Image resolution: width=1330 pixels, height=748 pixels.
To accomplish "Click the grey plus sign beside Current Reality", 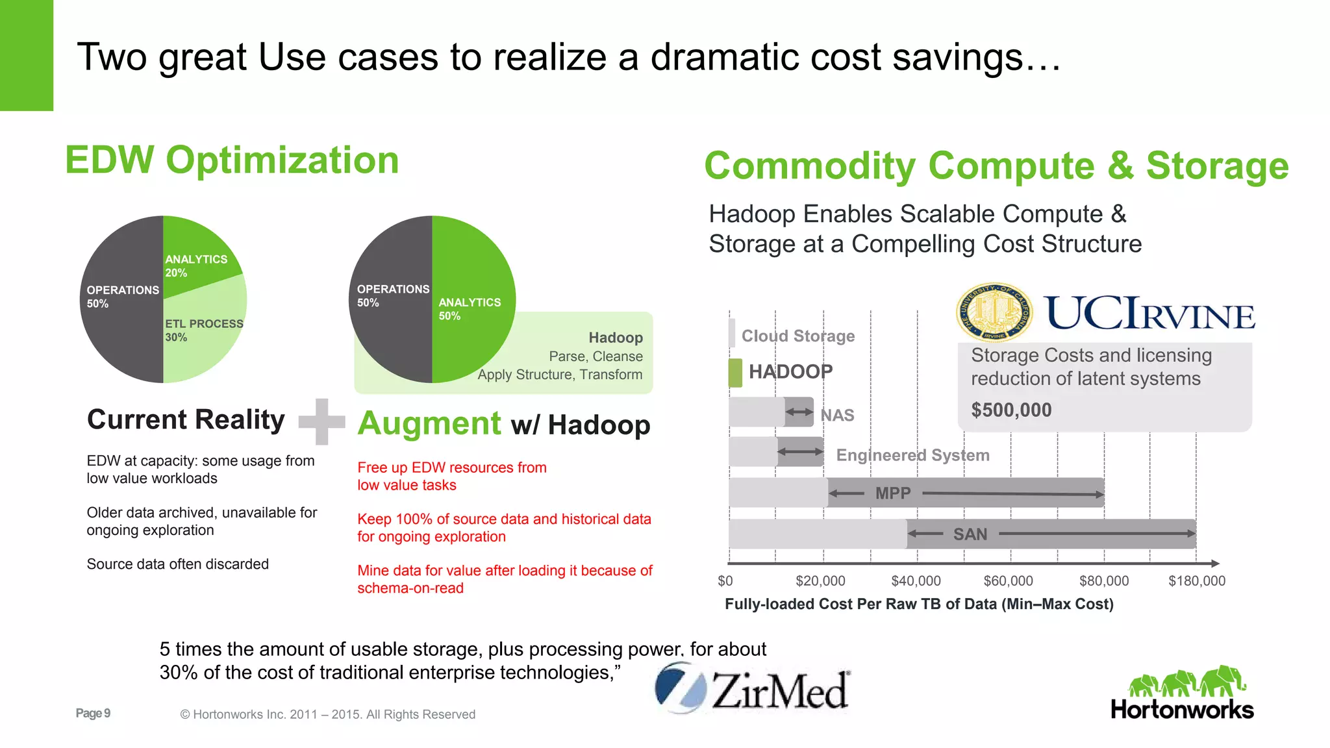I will (x=321, y=421).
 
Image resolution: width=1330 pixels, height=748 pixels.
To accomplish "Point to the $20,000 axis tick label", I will (x=820, y=581).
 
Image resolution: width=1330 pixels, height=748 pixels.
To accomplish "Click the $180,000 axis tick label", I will (x=1196, y=581).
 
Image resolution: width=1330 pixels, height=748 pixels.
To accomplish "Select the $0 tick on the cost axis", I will (x=725, y=581).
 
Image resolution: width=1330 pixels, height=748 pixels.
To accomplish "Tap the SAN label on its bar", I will (x=970, y=534).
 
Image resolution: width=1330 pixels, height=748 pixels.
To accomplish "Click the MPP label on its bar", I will (x=893, y=493).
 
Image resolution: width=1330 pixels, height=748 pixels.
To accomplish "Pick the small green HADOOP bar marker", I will (x=735, y=373).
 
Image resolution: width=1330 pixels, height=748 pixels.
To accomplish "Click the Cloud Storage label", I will (x=798, y=336).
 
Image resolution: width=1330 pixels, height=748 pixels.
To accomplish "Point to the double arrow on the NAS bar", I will (x=799, y=412).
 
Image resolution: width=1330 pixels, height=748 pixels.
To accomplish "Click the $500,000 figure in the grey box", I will (x=1011, y=410).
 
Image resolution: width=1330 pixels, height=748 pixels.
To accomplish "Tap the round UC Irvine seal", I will (x=994, y=312).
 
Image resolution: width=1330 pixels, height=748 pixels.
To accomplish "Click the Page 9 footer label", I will (x=93, y=713).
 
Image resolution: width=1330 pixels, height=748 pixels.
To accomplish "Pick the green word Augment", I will (x=429, y=423).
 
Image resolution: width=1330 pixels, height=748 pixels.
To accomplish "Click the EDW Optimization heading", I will (x=232, y=160).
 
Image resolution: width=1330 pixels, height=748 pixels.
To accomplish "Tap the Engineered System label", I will (x=912, y=455).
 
